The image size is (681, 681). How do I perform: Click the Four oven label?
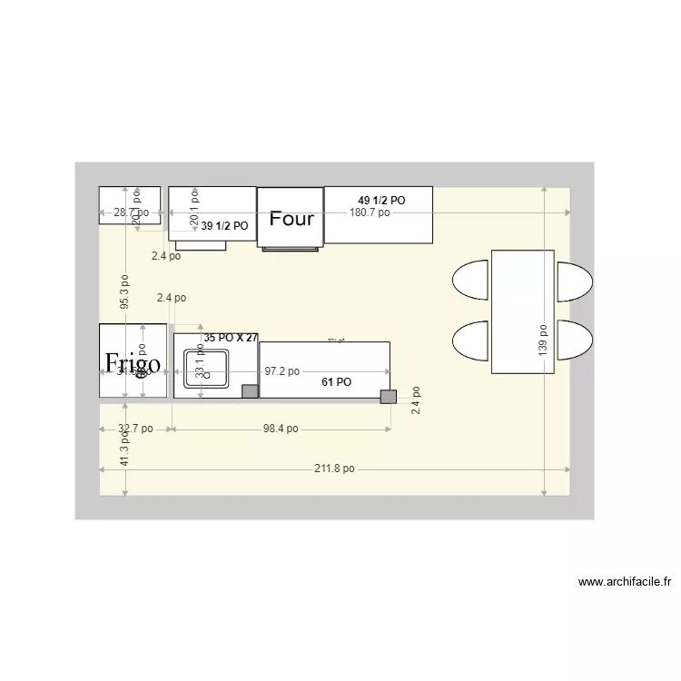pyautogui.click(x=291, y=219)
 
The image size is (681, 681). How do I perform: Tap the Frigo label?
pyautogui.click(x=133, y=363)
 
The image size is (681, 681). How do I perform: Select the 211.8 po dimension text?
pyautogui.click(x=335, y=469)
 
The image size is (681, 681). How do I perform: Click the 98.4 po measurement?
pyautogui.click(x=280, y=429)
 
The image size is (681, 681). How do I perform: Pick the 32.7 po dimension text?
pyautogui.click(x=135, y=429)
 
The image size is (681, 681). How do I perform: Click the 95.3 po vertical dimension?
pyautogui.click(x=125, y=292)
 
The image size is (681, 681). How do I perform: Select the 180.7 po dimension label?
pyautogui.click(x=370, y=212)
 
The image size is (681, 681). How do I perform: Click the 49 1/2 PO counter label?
pyautogui.click(x=381, y=200)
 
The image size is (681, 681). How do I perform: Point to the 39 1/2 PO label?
pyautogui.click(x=224, y=226)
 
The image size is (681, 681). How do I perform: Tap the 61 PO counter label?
pyautogui.click(x=336, y=382)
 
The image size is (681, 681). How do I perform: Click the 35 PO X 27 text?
pyautogui.click(x=232, y=338)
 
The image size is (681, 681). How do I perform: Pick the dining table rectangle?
pyautogui.click(x=522, y=311)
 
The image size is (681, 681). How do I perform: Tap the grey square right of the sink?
pyautogui.click(x=249, y=391)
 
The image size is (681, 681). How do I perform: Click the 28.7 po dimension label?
pyautogui.click(x=131, y=212)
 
